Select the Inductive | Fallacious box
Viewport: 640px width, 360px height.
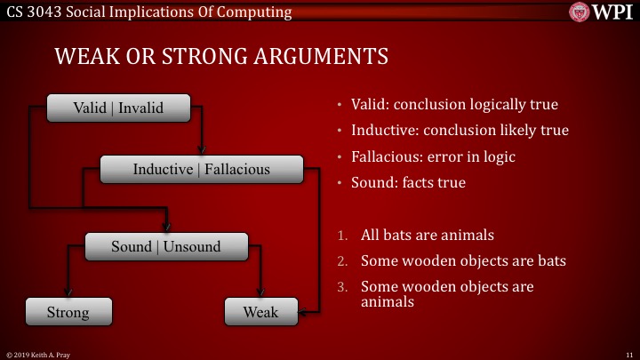coord(201,169)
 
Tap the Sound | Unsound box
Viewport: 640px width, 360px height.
coord(165,246)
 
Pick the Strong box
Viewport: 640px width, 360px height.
coord(68,312)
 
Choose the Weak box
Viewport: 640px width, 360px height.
coord(260,312)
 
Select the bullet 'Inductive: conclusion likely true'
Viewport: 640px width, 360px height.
coord(460,131)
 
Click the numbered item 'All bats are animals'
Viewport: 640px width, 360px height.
coord(428,236)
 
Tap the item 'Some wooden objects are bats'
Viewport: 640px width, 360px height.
coord(463,262)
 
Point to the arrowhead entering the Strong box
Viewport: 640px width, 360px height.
coord(68,295)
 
